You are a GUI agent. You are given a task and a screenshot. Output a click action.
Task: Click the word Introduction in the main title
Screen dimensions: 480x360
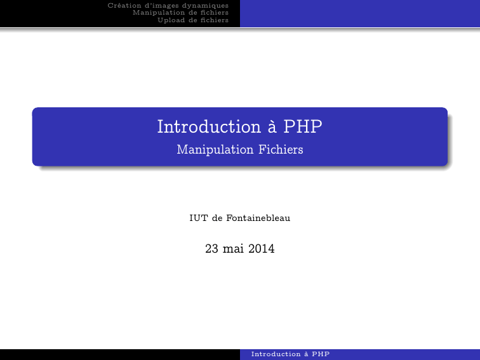(209, 126)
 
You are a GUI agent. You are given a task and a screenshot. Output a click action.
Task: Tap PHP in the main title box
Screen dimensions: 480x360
(303, 126)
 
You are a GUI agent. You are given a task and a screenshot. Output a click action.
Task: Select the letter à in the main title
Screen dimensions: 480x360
(272, 127)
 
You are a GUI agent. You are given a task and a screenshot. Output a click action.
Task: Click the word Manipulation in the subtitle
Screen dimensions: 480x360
(215, 150)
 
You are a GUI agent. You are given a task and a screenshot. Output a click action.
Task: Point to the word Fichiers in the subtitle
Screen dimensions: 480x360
(281, 149)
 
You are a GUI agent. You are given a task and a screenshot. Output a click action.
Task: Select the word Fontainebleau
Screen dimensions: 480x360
(258, 218)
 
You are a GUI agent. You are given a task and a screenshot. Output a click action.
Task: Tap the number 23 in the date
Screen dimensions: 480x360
(211, 249)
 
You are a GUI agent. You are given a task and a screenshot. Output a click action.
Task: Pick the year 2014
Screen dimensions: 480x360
(262, 249)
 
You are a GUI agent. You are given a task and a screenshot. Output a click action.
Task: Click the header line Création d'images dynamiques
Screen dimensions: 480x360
(168, 6)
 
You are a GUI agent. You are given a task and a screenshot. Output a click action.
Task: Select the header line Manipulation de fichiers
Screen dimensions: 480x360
(180, 13)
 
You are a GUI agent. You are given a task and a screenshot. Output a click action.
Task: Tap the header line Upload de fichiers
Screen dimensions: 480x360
(193, 20)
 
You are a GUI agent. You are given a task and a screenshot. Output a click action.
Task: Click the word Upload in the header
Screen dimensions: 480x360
(171, 20)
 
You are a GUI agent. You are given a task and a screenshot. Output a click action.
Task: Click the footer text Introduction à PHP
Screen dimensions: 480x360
(291, 354)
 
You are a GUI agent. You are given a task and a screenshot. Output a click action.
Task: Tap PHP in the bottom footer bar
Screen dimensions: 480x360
(321, 354)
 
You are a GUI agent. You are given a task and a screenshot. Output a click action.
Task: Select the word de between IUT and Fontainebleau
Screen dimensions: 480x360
(217, 218)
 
